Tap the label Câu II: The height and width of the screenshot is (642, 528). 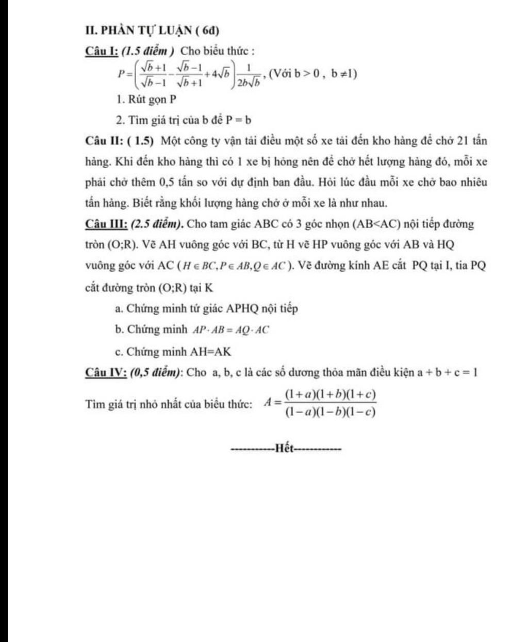[x=104, y=140]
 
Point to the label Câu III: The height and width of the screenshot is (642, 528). [x=106, y=224]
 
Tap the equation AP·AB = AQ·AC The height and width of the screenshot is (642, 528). [x=231, y=330]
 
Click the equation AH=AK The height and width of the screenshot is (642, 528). [x=211, y=352]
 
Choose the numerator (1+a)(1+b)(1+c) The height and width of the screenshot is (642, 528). [x=330, y=395]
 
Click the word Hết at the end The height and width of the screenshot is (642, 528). [x=285, y=448]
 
